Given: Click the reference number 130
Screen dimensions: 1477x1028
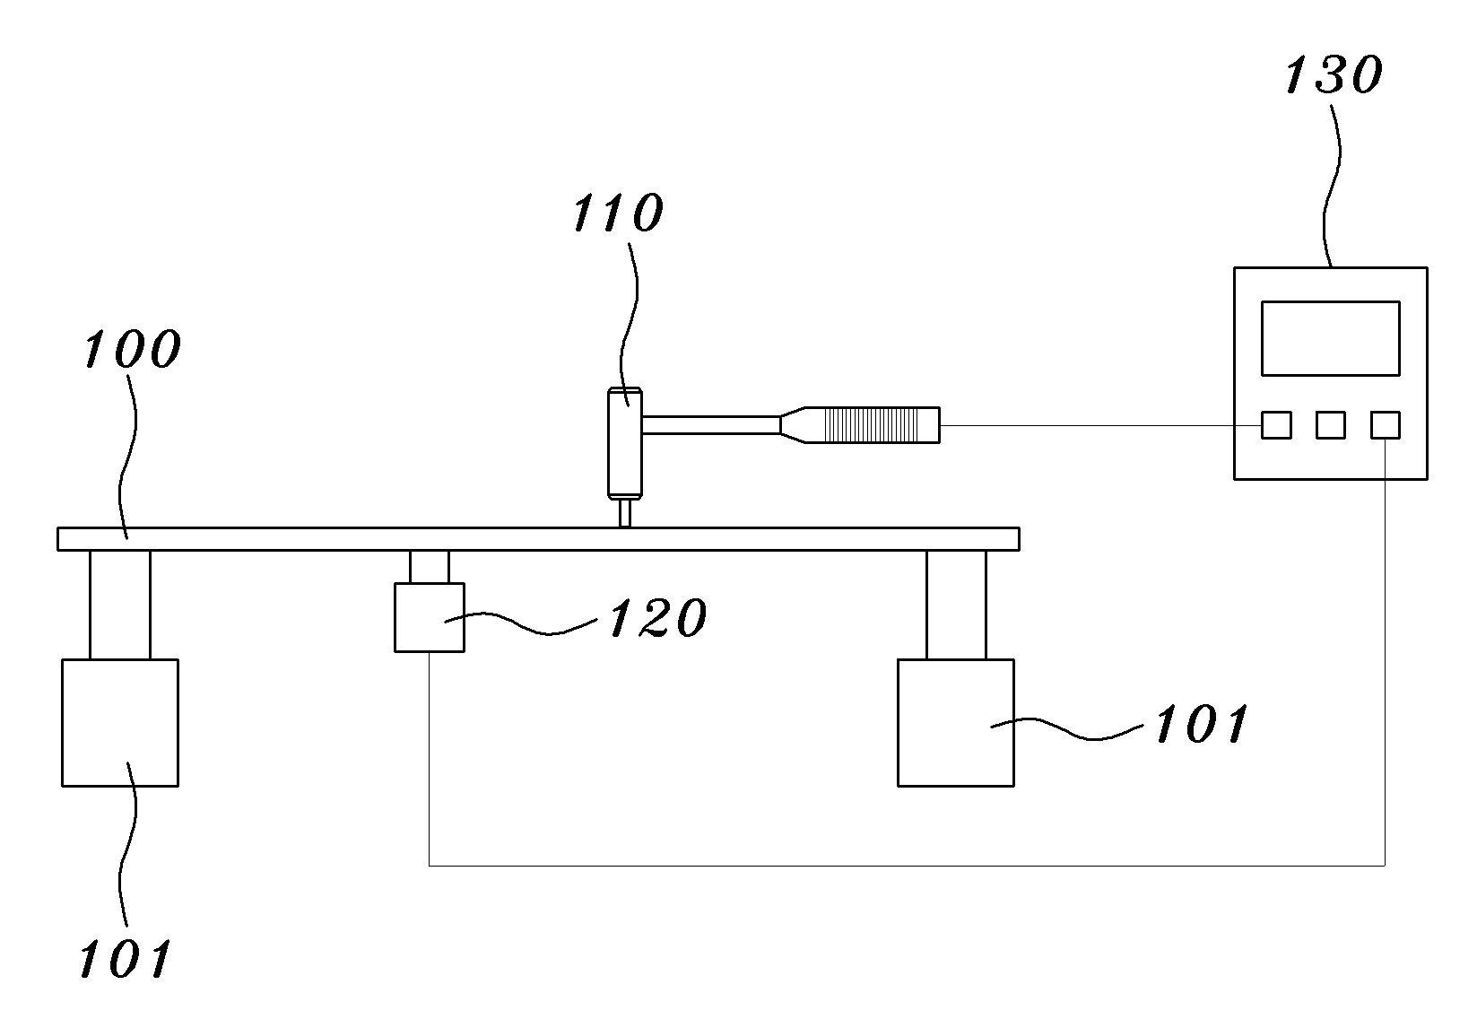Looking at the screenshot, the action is tap(1333, 75).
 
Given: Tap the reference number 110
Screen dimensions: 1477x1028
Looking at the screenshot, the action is tap(617, 213).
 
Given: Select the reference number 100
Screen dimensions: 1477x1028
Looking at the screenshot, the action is tap(132, 349).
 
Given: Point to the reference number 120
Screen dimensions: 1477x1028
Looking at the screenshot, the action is tap(657, 618).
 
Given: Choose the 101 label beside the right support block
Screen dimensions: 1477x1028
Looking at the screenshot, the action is tap(1202, 724).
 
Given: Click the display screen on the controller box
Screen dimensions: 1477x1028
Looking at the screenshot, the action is tap(1331, 339).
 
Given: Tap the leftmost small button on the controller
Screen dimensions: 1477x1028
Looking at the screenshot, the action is tap(1276, 425).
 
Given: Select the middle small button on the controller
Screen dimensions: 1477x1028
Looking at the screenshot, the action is tap(1331, 425).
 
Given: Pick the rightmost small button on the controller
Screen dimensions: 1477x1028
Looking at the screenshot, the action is tap(1386, 425).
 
